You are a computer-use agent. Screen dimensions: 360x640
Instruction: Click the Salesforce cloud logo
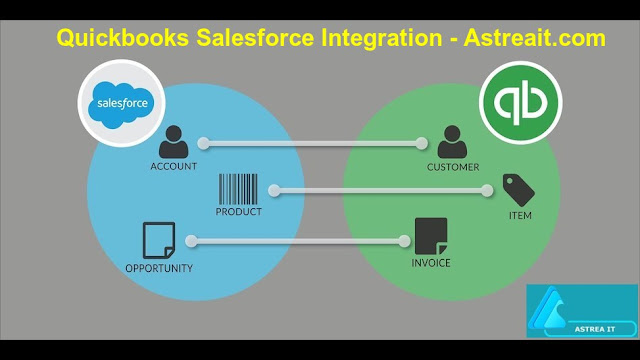point(121,104)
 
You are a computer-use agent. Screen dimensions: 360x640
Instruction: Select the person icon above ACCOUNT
point(173,141)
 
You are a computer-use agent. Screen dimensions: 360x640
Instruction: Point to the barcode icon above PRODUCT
point(238,189)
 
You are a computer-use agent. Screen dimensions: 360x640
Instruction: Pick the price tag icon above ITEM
point(518,190)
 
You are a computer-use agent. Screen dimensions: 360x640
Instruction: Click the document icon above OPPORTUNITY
point(159,240)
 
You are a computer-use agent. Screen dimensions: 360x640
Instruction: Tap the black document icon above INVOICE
point(431,237)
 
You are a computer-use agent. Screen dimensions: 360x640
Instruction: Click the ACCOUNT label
point(173,166)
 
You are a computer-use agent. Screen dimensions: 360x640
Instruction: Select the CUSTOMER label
point(453,166)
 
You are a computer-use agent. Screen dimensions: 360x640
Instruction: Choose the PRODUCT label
point(238,212)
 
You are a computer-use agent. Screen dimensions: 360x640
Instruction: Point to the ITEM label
point(520,214)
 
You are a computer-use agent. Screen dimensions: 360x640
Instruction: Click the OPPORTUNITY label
point(159,268)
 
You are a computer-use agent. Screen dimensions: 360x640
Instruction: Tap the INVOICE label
point(431,263)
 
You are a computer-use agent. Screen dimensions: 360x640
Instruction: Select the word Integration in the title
point(375,39)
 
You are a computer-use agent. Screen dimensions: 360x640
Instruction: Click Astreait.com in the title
point(534,39)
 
